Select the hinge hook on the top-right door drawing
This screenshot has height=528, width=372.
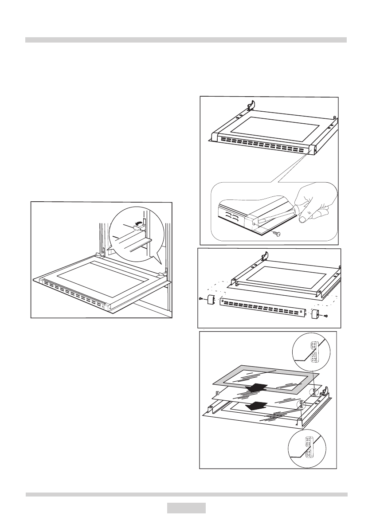pos(251,104)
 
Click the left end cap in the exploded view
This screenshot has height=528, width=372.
pos(211,301)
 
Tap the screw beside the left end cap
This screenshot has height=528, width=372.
pos(201,299)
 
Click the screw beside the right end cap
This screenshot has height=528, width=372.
pos(326,316)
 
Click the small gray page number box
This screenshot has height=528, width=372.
pos(186,508)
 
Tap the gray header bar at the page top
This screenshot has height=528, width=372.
pos(186,40)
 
